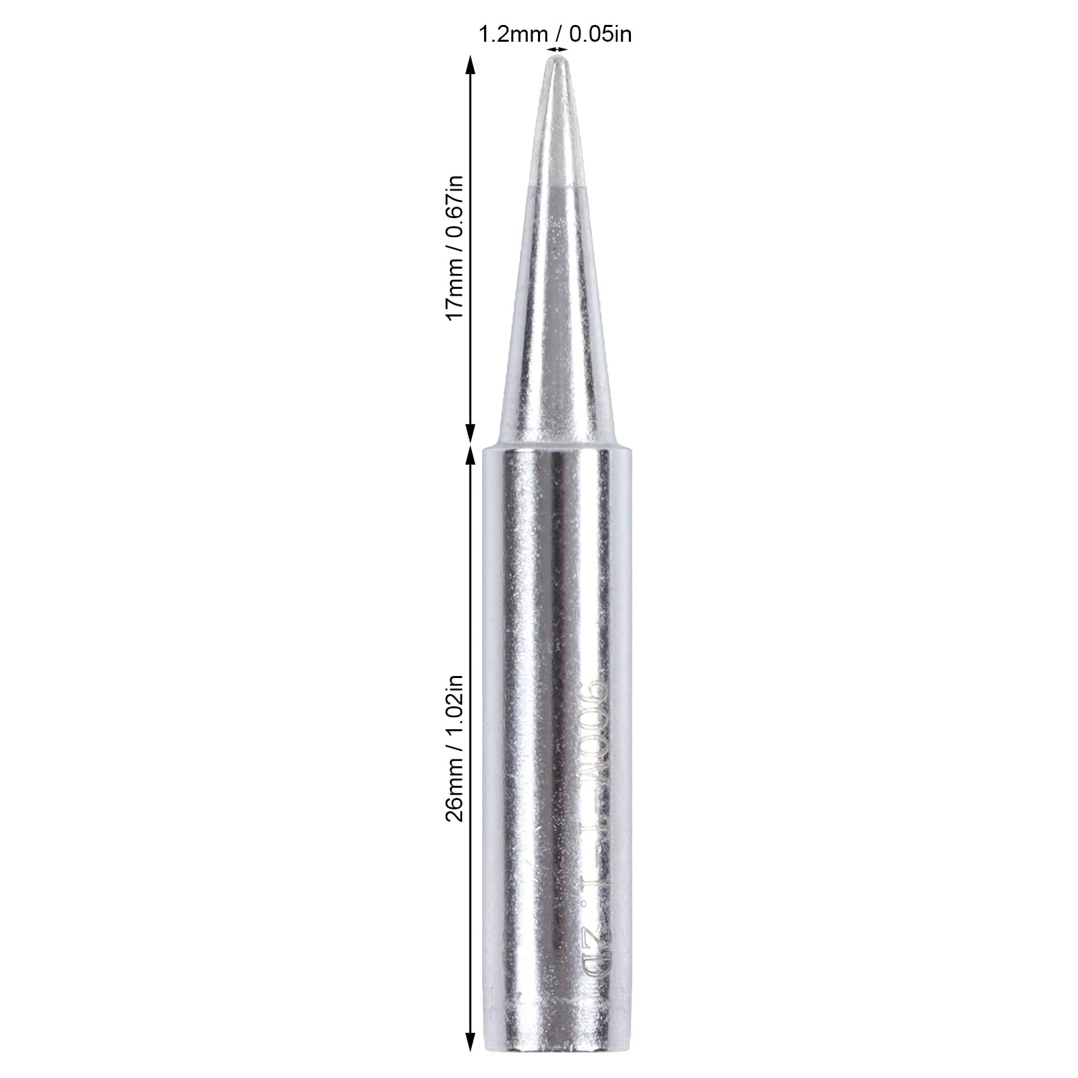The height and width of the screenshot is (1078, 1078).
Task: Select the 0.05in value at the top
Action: (601, 34)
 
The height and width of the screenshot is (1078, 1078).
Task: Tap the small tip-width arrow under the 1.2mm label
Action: (556, 49)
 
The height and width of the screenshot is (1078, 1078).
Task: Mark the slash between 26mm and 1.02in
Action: (455, 755)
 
